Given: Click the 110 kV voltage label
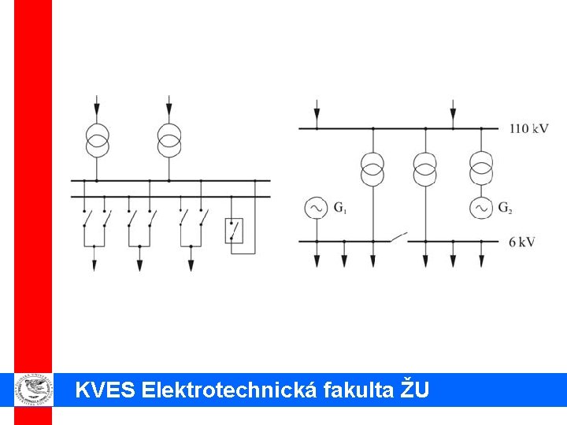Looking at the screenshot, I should coord(528,128).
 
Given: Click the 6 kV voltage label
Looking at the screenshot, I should coord(522,242).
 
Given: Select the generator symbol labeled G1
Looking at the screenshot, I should coord(317,208).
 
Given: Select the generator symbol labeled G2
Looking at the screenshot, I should coord(481,208).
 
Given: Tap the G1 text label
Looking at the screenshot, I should coord(340,209).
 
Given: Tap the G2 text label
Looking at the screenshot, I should coord(505,209).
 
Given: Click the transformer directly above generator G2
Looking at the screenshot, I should coord(481,167).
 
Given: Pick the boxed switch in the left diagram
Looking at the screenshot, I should coord(234,231).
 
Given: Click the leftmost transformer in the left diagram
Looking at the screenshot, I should coord(98,140).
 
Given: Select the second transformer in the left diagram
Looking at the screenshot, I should coord(169,140).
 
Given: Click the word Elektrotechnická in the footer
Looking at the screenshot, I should coord(229,389).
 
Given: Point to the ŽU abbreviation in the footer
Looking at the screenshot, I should coord(416,388).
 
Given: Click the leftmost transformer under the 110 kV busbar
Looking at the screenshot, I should coord(372,167).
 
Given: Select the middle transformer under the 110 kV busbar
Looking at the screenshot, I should coord(424,167).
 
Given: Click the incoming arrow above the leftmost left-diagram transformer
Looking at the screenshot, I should coord(98,107).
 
